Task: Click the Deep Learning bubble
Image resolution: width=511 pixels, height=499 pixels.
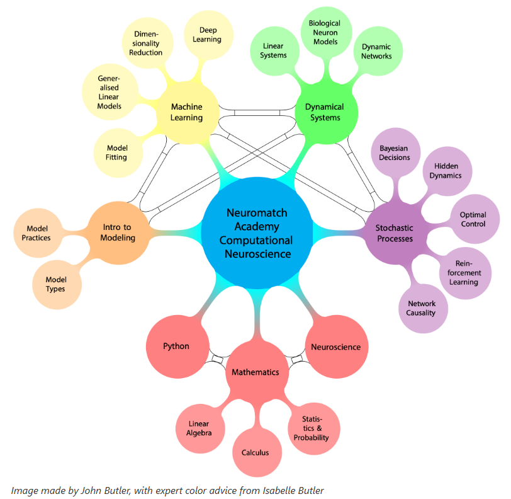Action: [210, 35]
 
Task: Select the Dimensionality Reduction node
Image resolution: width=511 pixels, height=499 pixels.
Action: [145, 43]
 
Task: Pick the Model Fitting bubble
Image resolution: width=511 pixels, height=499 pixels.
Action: [116, 152]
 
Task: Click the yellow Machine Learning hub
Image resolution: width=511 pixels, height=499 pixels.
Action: [187, 112]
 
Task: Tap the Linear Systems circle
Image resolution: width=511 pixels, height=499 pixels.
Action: [274, 50]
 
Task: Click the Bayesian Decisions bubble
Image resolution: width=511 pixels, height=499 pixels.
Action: [395, 152]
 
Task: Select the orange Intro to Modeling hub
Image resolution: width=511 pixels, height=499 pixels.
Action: [118, 232]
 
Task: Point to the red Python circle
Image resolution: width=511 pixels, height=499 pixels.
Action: [176, 346]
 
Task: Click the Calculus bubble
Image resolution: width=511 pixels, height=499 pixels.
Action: [255, 452]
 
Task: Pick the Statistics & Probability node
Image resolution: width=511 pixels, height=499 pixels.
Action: [313, 428]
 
